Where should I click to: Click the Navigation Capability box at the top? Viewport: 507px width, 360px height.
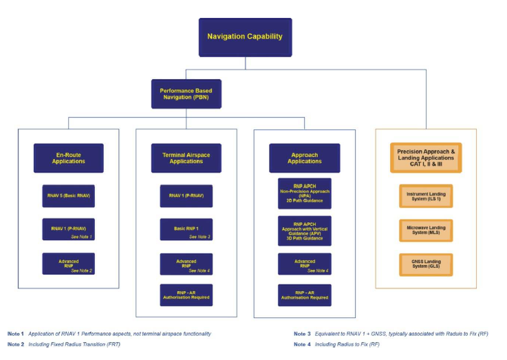tap(245, 36)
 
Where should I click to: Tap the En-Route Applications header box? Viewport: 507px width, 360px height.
tap(68, 158)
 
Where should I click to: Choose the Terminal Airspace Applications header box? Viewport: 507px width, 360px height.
tap(186, 158)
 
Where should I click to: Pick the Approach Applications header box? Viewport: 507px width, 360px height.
tap(304, 158)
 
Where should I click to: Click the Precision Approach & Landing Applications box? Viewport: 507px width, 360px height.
tap(426, 158)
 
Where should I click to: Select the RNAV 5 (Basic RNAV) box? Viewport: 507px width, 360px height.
tap(68, 196)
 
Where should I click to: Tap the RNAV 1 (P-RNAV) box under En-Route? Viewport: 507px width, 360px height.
tap(68, 229)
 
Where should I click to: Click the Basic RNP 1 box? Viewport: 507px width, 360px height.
tap(186, 229)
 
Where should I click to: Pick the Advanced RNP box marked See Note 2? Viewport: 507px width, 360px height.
tap(68, 264)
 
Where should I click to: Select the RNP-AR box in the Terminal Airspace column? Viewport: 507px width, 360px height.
tap(186, 295)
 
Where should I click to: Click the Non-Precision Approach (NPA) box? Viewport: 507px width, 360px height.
tap(304, 193)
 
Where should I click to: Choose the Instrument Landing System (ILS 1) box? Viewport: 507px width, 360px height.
tap(426, 195)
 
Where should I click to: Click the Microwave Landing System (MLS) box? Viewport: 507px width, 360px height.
tap(426, 230)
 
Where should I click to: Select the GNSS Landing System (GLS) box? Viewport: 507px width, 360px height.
tap(426, 264)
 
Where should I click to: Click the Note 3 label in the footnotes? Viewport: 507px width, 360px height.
tap(302, 334)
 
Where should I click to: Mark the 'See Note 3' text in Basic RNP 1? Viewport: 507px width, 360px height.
tap(199, 236)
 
